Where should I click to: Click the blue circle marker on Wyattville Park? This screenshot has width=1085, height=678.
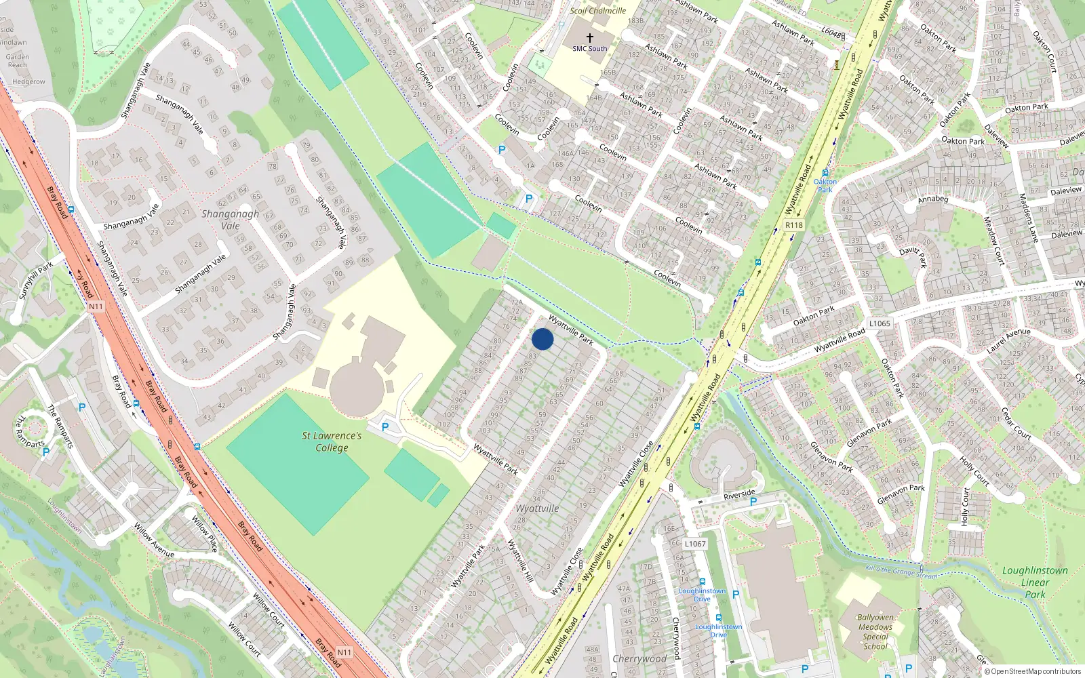click(x=542, y=339)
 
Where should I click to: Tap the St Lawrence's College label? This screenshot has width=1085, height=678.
click(x=332, y=441)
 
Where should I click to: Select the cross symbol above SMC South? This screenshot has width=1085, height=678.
click(x=590, y=38)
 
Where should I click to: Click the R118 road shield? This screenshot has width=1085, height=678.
click(x=793, y=225)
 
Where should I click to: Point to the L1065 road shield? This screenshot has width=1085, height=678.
click(x=880, y=323)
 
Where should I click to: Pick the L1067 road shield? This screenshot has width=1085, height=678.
click(x=695, y=544)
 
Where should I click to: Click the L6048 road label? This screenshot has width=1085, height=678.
click(x=831, y=33)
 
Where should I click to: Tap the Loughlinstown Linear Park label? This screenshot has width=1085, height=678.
click(x=1035, y=582)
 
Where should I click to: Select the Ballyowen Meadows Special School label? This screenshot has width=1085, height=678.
click(x=875, y=632)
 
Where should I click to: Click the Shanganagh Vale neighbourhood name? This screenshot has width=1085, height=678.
click(x=231, y=220)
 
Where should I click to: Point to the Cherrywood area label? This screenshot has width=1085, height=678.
click(x=639, y=658)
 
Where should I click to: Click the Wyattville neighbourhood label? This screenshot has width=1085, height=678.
click(x=537, y=509)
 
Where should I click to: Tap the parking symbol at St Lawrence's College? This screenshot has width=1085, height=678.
click(x=385, y=427)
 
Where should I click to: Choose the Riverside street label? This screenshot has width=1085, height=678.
click(x=738, y=494)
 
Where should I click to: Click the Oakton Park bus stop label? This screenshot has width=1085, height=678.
click(x=825, y=185)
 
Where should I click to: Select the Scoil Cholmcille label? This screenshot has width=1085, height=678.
click(x=598, y=11)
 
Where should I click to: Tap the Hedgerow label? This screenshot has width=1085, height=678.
click(x=28, y=82)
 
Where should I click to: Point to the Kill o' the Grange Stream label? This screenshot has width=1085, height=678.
click(x=901, y=572)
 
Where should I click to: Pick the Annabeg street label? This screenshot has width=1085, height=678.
click(x=932, y=199)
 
